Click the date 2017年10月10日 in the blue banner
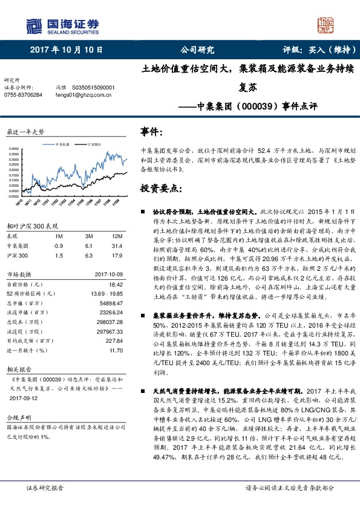[66, 50]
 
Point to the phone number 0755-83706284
[24, 95]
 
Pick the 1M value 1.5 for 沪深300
[59, 255]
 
